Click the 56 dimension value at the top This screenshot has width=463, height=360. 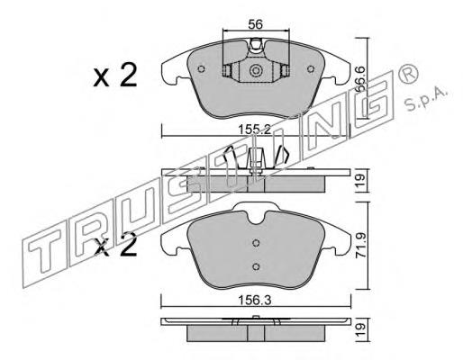(x=256, y=24)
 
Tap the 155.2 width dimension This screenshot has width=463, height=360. (x=255, y=130)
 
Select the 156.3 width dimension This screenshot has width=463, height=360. (x=255, y=300)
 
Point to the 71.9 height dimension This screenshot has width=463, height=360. (x=361, y=247)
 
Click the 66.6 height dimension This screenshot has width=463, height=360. (x=361, y=78)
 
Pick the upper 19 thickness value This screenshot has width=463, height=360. (x=361, y=180)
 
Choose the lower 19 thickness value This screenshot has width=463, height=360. (x=361, y=329)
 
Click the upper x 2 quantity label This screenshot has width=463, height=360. (x=115, y=75)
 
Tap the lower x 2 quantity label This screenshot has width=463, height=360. (x=115, y=245)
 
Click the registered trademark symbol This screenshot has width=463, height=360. (x=408, y=73)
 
